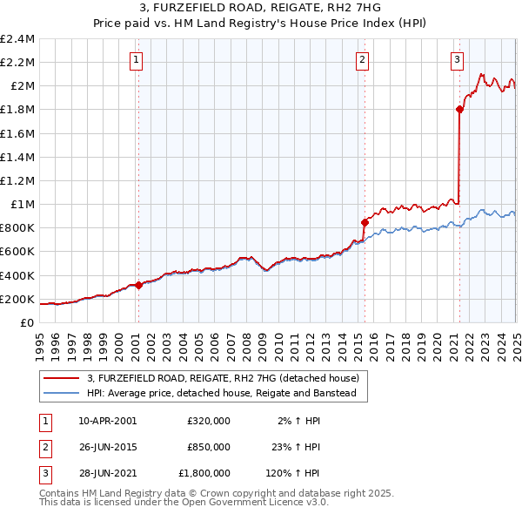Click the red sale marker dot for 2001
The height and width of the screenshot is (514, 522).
click(x=139, y=284)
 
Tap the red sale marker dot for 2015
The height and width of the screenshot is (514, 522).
click(x=365, y=222)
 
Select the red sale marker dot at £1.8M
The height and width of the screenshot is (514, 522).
click(x=459, y=109)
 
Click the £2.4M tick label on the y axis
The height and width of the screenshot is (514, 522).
click(x=17, y=39)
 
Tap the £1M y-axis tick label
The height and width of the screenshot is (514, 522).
click(x=23, y=204)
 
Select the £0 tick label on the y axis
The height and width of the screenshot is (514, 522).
click(x=28, y=322)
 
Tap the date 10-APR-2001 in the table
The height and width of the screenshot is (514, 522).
click(x=108, y=420)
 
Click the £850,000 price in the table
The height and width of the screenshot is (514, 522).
click(x=209, y=447)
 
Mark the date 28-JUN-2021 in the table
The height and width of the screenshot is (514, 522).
click(x=108, y=474)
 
